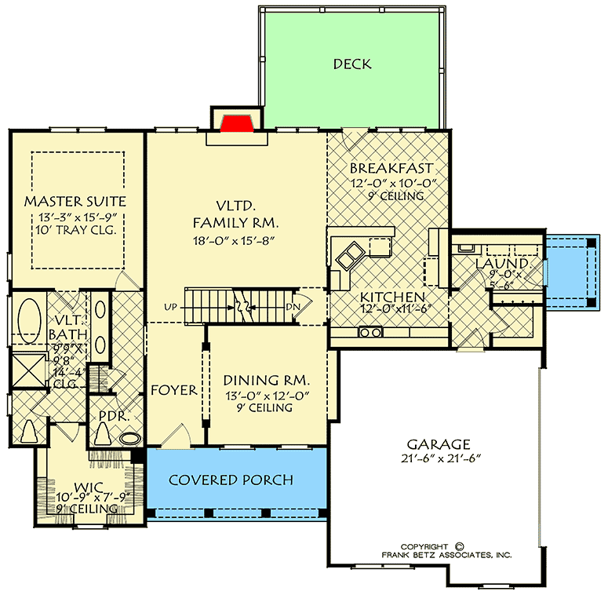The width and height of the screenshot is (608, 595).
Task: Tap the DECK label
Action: pyautogui.click(x=351, y=64)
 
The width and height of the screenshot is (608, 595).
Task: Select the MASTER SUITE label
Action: pyautogui.click(x=75, y=202)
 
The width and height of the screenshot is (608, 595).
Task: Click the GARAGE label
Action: pyautogui.click(x=439, y=444)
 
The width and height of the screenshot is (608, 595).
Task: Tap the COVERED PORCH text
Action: pyautogui.click(x=231, y=480)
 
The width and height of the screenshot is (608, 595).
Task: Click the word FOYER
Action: pyautogui.click(x=173, y=389)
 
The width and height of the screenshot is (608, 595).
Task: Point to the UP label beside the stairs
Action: pyautogui.click(x=170, y=306)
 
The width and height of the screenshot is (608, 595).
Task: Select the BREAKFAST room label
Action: pyautogui.click(x=391, y=169)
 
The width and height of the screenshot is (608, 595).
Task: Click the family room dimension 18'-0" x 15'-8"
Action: pyautogui.click(x=236, y=242)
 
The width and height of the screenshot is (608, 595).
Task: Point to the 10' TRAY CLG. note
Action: pyautogui.click(x=75, y=230)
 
